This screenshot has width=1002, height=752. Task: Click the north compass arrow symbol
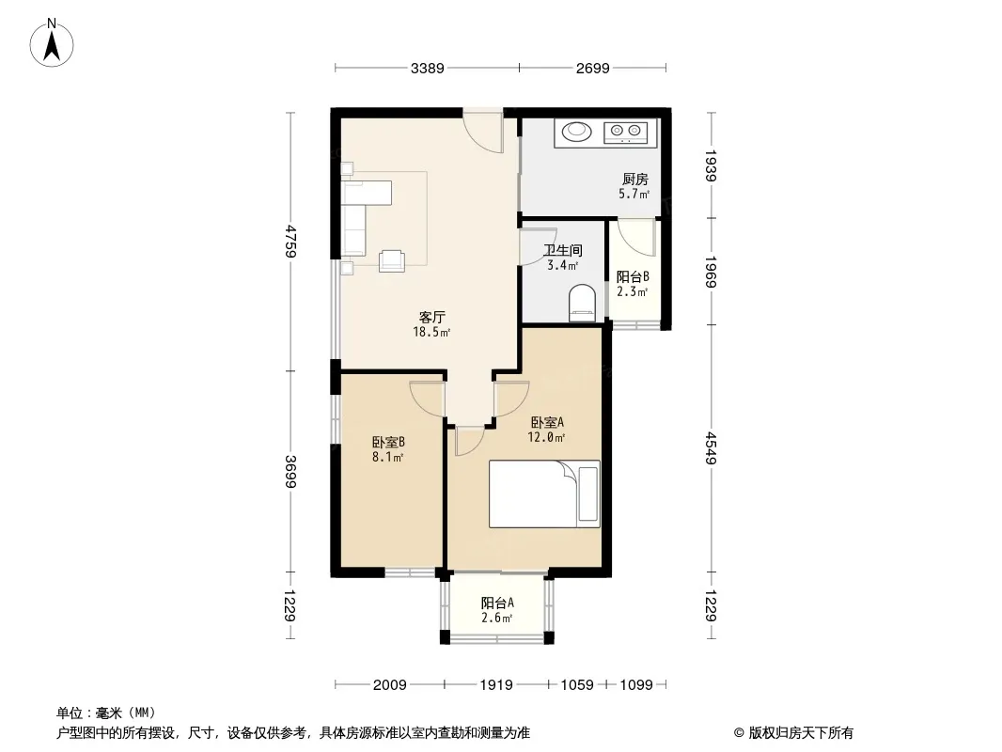pos(52,43)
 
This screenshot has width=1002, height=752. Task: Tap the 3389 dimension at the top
pos(427,68)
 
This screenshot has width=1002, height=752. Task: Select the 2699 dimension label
pos(592,68)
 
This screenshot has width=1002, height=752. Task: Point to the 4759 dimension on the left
pos(290,241)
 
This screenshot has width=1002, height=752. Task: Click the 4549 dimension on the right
pos(712,447)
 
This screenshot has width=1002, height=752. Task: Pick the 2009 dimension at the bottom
pos(390,685)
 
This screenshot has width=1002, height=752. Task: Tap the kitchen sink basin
pos(577,131)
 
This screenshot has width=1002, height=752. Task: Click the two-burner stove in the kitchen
pos(626,133)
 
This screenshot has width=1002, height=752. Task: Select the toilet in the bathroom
pos(582,303)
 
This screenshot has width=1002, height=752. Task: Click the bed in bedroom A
pos(544,493)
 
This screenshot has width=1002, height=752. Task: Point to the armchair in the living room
pos(392,260)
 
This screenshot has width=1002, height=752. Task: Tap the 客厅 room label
pos(432,317)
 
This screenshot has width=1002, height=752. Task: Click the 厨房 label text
pos(635,180)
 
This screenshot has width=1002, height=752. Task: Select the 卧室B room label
pos(388,442)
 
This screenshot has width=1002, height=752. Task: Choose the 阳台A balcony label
pos(497,603)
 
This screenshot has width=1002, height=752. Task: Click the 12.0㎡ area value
pos(546,438)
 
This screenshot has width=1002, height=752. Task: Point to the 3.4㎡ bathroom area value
pos(563,265)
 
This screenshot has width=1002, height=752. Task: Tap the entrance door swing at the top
pos(484,133)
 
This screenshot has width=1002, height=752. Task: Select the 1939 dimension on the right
pos(712,165)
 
